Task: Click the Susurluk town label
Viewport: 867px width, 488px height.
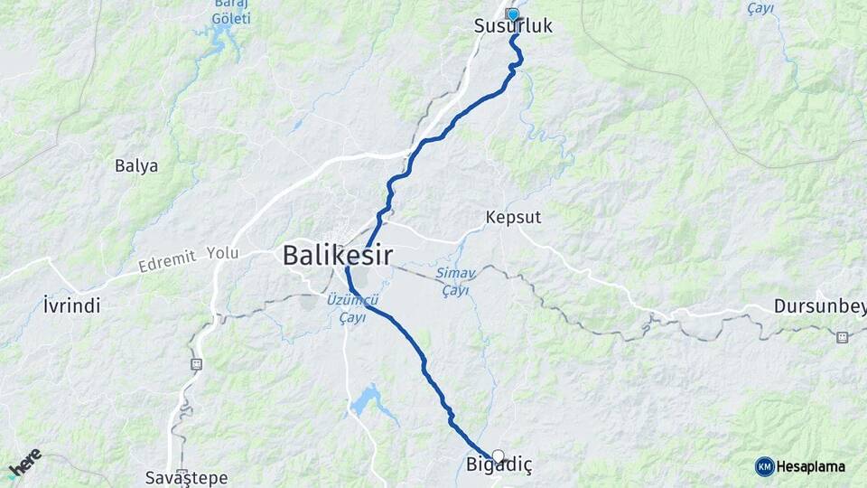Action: point(513,27)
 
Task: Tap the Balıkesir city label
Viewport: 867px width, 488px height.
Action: point(337,255)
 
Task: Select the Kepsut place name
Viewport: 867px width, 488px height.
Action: point(513,218)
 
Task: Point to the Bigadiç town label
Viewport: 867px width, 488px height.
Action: point(499,465)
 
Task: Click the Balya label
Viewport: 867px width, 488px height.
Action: point(136,165)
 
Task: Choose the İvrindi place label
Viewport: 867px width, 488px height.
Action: point(71,305)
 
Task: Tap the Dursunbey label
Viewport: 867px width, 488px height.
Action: point(819,306)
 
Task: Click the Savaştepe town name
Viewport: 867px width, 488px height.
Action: point(186,477)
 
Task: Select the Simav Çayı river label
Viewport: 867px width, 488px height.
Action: point(456,281)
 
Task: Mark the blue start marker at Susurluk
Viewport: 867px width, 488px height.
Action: point(513,14)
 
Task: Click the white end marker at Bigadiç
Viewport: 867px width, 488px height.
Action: point(498,456)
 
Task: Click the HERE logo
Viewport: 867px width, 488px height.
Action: point(24,463)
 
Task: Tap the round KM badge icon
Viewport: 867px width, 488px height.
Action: point(764,466)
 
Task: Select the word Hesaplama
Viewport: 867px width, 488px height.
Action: point(811,466)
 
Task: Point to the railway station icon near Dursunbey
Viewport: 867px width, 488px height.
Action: point(842,337)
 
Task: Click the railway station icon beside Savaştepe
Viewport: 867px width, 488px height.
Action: point(196,364)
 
